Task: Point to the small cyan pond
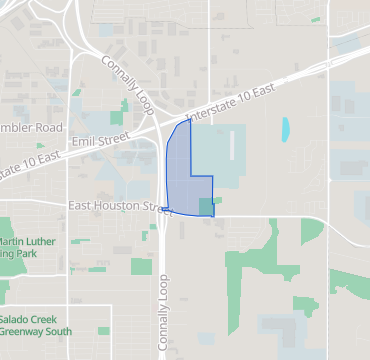pos(286,129)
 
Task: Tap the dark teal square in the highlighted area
pos(205,206)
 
